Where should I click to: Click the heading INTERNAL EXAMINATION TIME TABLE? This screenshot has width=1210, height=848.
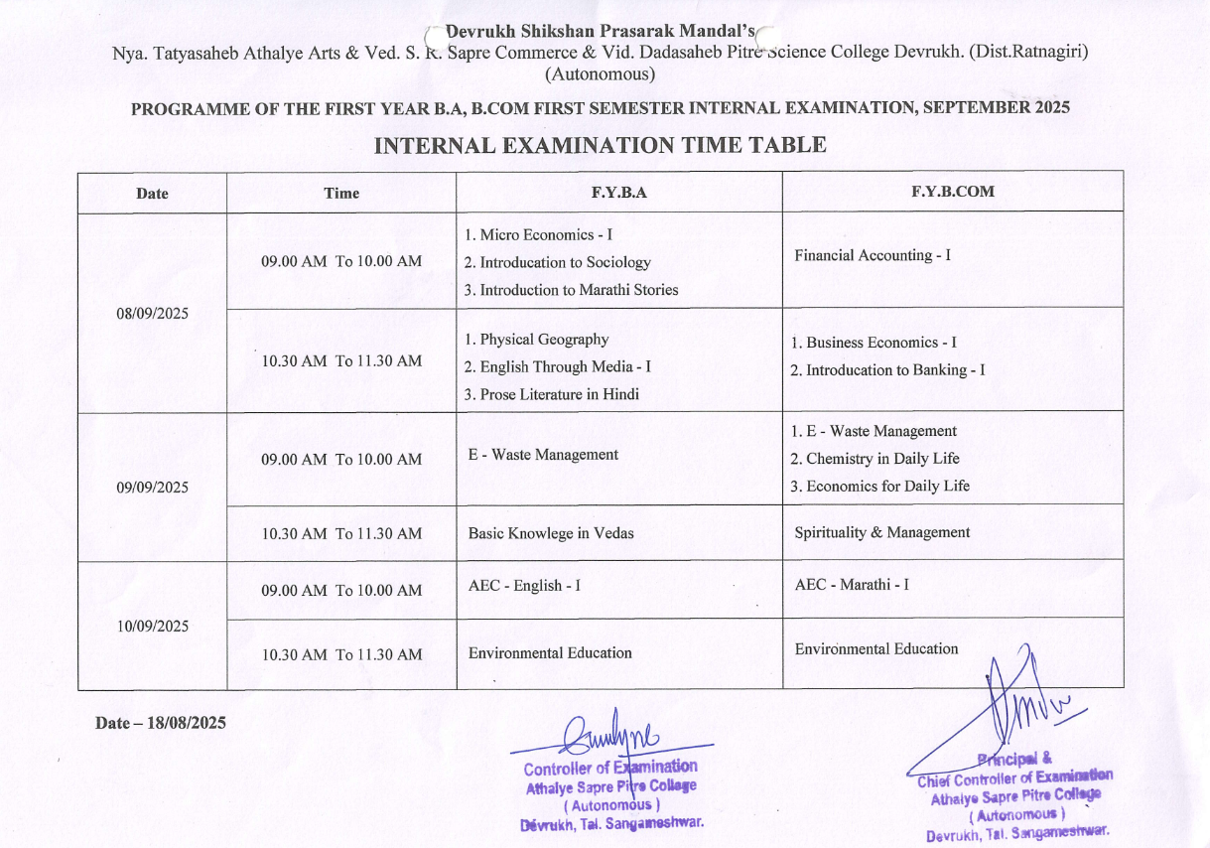(x=600, y=146)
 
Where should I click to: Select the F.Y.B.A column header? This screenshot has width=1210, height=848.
(x=618, y=193)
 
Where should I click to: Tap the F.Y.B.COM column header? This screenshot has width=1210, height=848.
(x=952, y=192)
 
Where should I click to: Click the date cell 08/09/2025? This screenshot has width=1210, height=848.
(x=152, y=314)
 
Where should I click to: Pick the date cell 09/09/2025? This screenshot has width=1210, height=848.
(x=152, y=488)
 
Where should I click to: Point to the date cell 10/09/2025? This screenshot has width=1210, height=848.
(x=152, y=627)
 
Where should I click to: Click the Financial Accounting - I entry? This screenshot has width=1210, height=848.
(x=873, y=255)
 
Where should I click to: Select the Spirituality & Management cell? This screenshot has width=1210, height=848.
(x=880, y=532)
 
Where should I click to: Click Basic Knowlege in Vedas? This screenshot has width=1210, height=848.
(x=551, y=533)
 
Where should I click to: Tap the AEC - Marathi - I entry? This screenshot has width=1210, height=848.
(x=852, y=585)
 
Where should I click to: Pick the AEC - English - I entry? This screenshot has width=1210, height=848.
(x=524, y=586)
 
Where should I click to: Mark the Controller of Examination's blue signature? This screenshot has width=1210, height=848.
(x=607, y=736)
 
